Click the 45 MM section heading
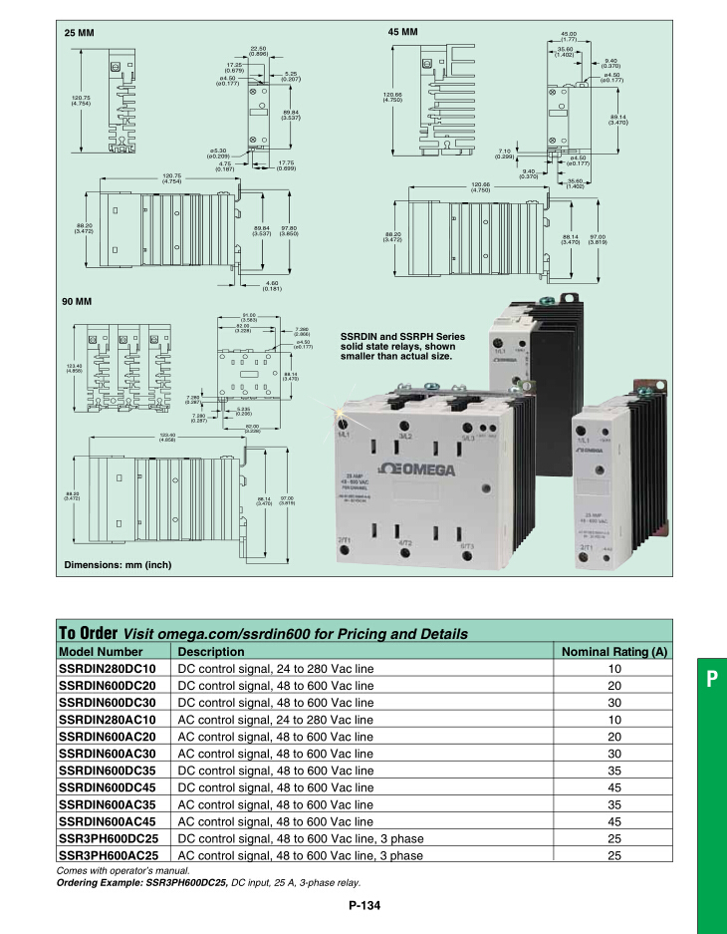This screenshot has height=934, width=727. tap(402, 33)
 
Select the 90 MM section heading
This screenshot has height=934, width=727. tap(78, 301)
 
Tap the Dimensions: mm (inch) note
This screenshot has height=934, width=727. tap(118, 565)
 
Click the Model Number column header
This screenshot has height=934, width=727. tap(101, 652)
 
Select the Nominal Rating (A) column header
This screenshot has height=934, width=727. tap(613, 652)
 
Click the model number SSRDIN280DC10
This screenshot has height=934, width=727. tap(108, 669)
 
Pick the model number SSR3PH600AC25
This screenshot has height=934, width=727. tap(109, 855)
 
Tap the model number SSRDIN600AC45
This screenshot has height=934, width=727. tap(108, 821)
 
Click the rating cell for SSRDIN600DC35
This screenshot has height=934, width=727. tap(613, 771)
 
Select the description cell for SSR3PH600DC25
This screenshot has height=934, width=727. tap(300, 838)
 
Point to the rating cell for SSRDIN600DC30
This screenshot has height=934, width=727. tap(613, 703)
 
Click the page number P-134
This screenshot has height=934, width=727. tap(364, 905)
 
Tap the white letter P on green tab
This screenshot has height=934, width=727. tap(711, 680)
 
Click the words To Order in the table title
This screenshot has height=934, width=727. tap(88, 633)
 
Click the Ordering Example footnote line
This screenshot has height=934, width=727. tap(208, 882)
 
